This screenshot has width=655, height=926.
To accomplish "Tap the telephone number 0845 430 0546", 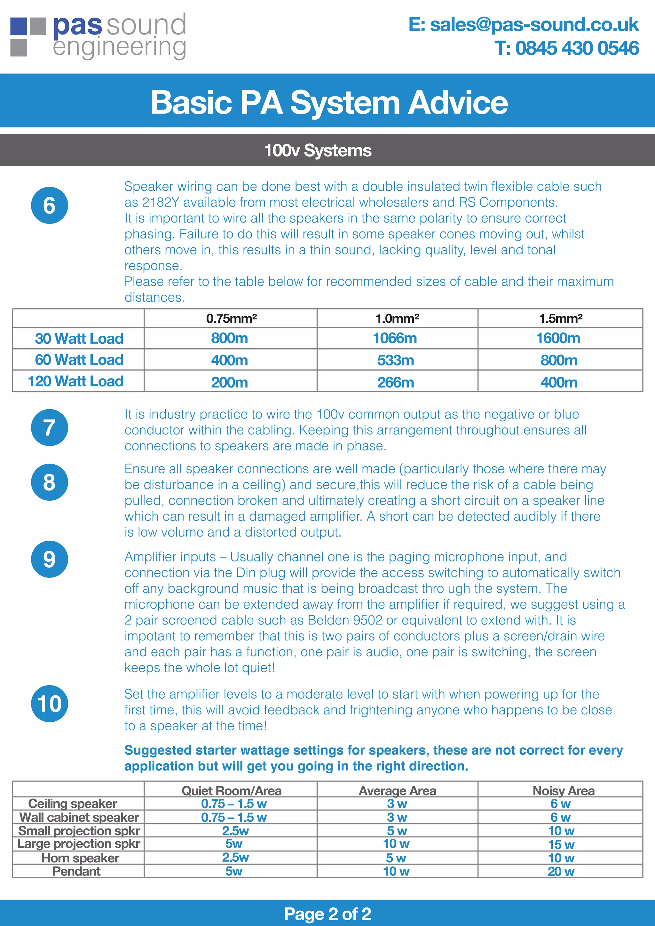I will coord(566,48).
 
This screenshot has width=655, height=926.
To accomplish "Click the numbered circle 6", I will coord(49,205).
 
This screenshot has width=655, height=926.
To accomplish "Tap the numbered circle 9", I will coord(49,559).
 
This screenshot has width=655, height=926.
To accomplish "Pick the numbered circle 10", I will coord(49,703).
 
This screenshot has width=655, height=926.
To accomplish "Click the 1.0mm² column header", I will coord(397,318).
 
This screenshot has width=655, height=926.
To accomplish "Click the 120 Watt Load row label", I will coord(75,381).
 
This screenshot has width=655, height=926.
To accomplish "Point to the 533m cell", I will coord(395,360).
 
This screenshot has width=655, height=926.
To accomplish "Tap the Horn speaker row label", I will coord(80,858).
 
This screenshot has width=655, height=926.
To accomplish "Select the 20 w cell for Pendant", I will coord(561,871).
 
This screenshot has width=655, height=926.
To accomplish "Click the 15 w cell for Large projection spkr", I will coord(561,844).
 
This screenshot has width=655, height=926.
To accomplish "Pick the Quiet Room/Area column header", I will coord(231,790).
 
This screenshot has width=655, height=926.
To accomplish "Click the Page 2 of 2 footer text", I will coord(327,914).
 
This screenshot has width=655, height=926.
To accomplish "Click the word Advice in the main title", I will coord(457,102).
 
